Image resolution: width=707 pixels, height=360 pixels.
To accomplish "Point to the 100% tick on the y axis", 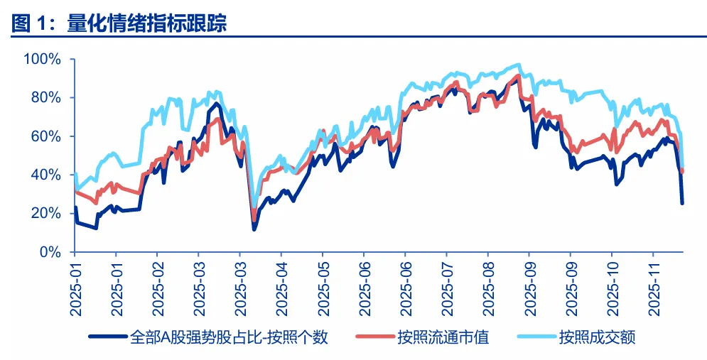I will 43,58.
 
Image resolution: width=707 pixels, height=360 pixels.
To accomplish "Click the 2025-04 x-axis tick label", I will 281,288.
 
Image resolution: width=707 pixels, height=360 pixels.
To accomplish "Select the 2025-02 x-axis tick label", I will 158,288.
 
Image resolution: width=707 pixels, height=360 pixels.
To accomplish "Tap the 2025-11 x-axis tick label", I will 654,288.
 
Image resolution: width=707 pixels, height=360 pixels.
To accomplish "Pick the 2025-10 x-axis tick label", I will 612,288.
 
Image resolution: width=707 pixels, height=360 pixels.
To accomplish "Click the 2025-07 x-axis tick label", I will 447,288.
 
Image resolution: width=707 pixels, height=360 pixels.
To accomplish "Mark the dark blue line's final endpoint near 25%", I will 682,203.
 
